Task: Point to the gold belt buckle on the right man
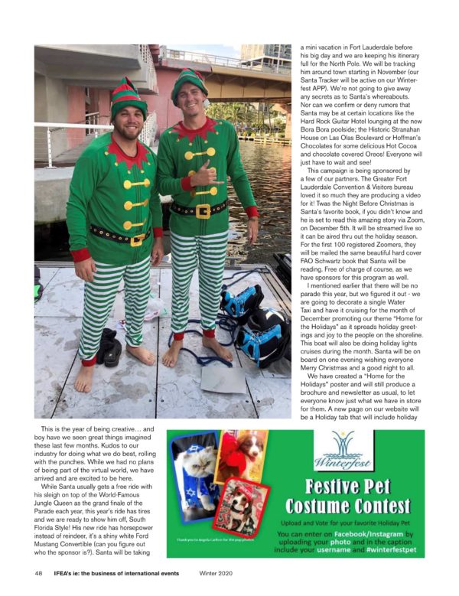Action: point(203,210)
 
